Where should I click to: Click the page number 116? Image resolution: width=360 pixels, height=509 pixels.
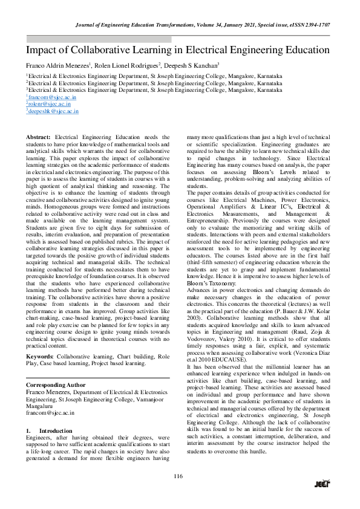[178, 476]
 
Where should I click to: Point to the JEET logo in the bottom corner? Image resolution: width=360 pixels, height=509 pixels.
[322, 483]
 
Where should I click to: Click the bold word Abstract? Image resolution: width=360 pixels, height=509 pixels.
[39, 138]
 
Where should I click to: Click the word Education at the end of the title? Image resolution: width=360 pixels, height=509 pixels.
[301, 50]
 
